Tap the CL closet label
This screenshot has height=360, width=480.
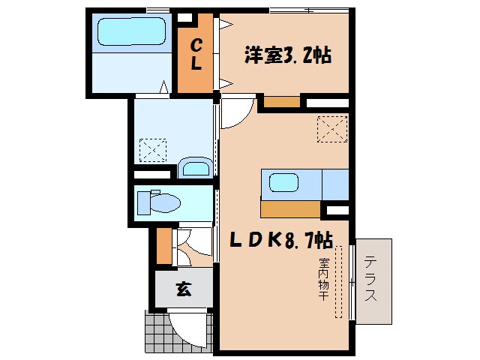coord(195,55)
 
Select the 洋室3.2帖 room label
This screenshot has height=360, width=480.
coord(288,55)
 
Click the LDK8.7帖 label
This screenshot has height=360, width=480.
coord(281,240)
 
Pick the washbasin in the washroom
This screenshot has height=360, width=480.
coord(196,167)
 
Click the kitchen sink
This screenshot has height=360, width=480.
coord(284,182)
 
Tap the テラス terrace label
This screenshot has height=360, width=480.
coord(372,279)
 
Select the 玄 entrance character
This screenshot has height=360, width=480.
coord(183,289)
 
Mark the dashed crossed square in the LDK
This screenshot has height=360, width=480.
coord(332,129)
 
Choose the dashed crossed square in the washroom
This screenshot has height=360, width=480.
coord(154,150)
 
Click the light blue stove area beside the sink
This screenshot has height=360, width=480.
coord(335,183)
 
